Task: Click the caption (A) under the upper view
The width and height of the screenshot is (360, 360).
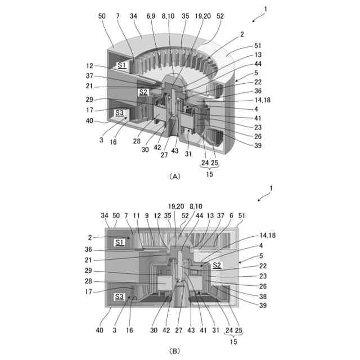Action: click(174, 176)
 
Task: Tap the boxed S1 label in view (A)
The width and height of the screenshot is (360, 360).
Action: click(121, 66)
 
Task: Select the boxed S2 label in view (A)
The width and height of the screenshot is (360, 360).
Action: click(143, 92)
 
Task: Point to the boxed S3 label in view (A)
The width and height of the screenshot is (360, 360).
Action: click(120, 113)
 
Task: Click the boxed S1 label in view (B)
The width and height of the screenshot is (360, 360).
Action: click(119, 242)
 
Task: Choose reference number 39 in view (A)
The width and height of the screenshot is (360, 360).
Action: click(242, 146)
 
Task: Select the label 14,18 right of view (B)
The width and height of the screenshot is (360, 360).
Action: click(253, 237)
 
